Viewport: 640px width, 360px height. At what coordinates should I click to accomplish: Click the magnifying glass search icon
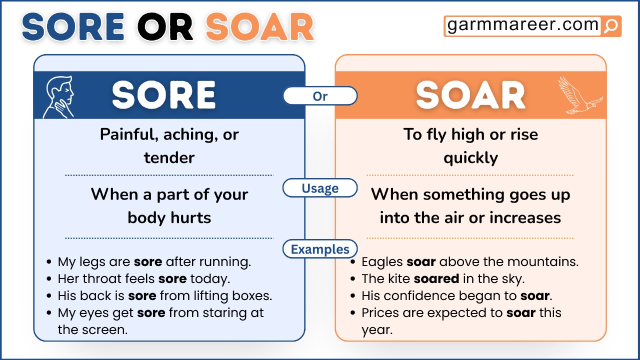click(610, 26)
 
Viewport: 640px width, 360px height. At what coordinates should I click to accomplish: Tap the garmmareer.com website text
click(522, 25)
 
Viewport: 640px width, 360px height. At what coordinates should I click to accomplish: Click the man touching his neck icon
click(59, 96)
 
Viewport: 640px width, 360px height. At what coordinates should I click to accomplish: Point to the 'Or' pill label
click(320, 96)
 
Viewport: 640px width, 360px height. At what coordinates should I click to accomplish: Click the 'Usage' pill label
click(320, 188)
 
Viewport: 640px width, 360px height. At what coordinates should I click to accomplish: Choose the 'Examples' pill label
click(320, 249)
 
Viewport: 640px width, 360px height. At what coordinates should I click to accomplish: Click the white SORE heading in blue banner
click(164, 95)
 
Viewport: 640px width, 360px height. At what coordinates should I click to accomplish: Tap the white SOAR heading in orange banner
click(470, 95)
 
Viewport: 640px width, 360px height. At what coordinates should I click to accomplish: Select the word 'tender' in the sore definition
click(169, 158)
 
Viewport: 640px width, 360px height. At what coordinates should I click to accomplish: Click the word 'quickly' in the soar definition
click(470, 158)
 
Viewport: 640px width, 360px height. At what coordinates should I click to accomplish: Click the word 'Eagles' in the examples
click(382, 261)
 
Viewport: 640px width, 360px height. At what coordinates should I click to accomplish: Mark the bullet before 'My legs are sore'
click(48, 262)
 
